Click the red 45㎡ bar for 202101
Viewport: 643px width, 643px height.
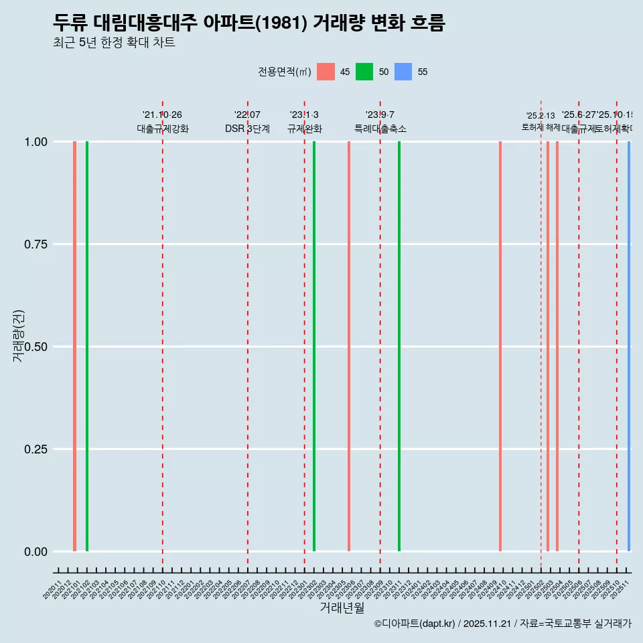(74, 346)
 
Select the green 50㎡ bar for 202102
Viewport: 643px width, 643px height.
(87, 346)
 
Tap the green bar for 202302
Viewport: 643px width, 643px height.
(314, 346)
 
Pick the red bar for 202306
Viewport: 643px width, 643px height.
(349, 346)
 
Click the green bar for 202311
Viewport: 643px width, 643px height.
(399, 346)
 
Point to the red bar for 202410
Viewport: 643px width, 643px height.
(500, 346)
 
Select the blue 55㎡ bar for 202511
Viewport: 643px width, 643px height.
(629, 346)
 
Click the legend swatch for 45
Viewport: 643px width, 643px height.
(326, 72)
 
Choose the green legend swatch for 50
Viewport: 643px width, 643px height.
(364, 72)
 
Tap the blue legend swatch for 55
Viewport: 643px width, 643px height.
(403, 72)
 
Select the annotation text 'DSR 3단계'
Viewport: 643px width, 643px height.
(247, 129)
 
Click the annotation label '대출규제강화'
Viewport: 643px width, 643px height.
(163, 129)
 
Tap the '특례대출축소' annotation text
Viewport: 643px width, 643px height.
(380, 129)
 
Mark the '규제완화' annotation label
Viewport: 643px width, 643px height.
(305, 129)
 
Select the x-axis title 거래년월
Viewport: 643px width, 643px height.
(342, 608)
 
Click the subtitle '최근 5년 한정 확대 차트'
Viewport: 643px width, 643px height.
(114, 43)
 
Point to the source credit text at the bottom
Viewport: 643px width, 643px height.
(502, 624)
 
